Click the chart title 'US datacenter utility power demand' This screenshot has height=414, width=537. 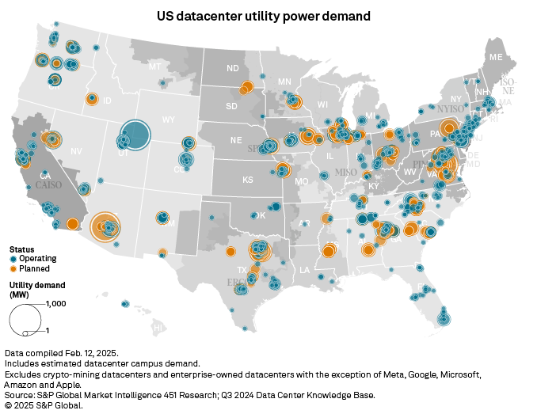tap(268, 16)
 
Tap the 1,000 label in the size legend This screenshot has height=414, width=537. tap(56, 304)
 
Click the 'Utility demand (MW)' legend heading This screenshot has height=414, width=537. tap(37, 288)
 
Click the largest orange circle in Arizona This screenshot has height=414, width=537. tap(105, 226)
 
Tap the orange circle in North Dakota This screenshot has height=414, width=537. tap(246, 87)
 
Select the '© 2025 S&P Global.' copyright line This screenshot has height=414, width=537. tap(44, 405)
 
